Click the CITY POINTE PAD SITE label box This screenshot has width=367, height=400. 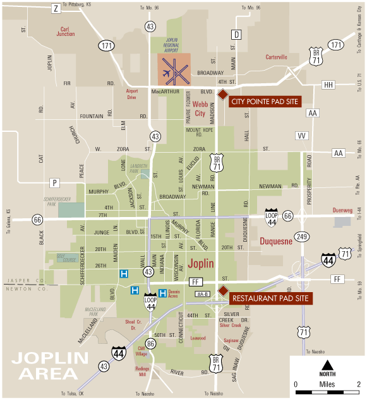tap(264, 101)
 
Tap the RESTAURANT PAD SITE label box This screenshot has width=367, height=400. tap(270, 298)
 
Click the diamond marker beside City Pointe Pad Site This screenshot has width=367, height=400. tap(222, 95)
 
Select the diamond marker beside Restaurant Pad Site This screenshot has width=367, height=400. tap(222, 290)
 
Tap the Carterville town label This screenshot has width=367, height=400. tap(274, 57)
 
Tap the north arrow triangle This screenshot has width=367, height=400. tap(327, 365)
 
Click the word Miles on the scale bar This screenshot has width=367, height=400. tap(327, 384)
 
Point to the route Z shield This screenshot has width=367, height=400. tap(56, 8)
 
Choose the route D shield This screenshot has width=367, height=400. tap(237, 35)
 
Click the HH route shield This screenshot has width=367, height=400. tap(328, 85)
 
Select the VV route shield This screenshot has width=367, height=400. tap(302, 136)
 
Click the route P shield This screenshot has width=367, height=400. tap(55, 183)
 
